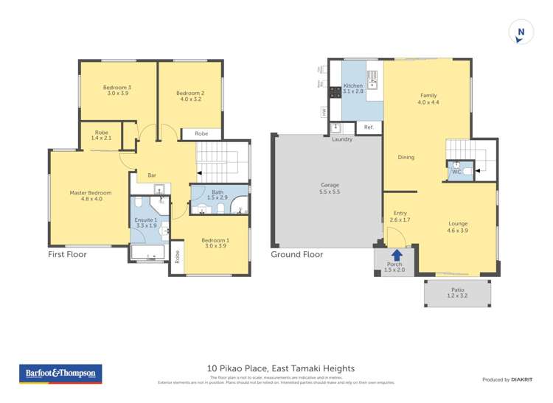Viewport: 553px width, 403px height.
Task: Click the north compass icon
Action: [521, 32]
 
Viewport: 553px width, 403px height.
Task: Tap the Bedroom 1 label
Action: [216, 243]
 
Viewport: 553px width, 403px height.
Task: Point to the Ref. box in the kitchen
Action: [369, 127]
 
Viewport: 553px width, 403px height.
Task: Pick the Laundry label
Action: [342, 139]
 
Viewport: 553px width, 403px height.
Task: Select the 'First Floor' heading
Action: [67, 254]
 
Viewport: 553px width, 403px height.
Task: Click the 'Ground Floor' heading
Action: [296, 254]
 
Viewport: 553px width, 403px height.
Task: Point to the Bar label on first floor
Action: [152, 175]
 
